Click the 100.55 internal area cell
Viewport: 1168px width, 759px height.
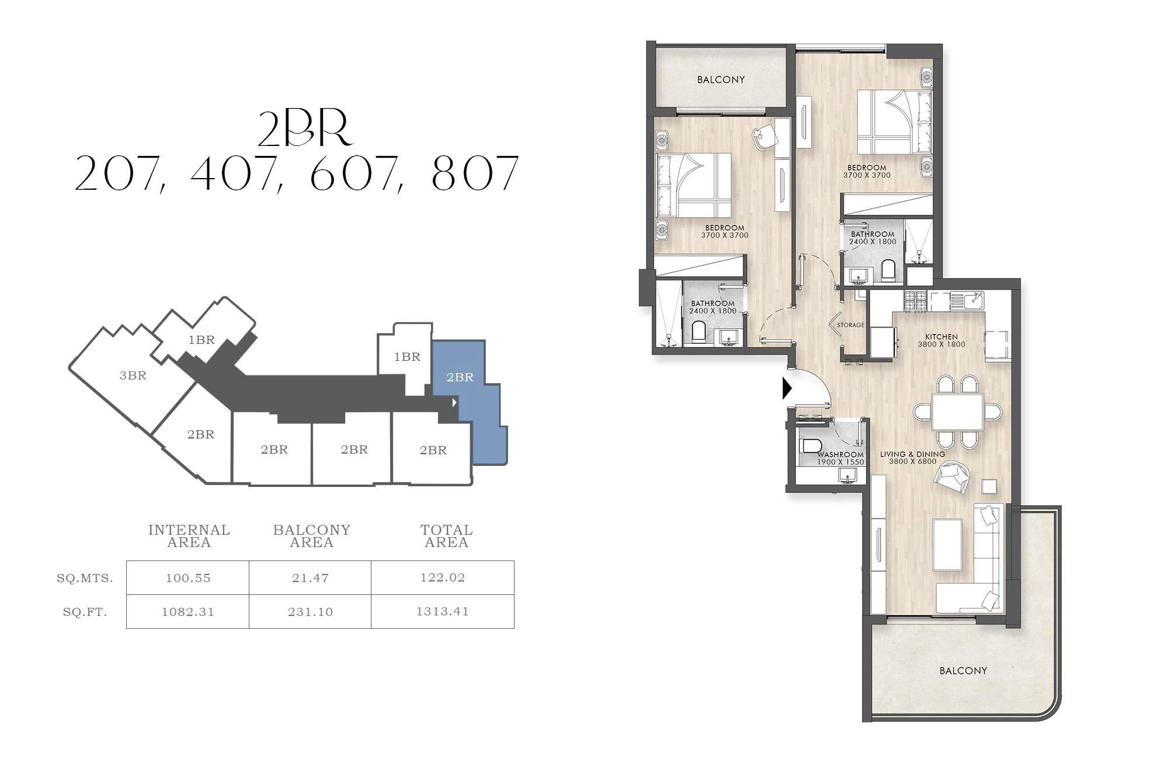(x=187, y=578)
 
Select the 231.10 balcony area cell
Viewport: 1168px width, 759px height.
(x=310, y=612)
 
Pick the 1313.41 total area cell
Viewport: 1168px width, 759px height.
(x=443, y=611)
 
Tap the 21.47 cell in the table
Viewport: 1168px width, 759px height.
(x=310, y=578)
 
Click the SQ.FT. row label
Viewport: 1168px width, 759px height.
(x=85, y=612)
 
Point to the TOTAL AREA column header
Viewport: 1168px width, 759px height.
(x=446, y=536)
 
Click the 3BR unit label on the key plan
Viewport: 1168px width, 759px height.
(x=133, y=375)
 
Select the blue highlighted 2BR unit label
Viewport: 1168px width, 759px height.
(x=460, y=377)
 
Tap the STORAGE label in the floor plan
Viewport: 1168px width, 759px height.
(x=850, y=325)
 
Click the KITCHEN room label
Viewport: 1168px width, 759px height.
(x=941, y=337)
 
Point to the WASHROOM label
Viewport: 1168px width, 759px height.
(x=840, y=455)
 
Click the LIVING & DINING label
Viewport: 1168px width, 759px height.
(x=912, y=454)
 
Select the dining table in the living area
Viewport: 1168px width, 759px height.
(x=957, y=412)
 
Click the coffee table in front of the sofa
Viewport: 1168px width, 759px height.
(x=947, y=544)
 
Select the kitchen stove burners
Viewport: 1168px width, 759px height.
(x=916, y=301)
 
